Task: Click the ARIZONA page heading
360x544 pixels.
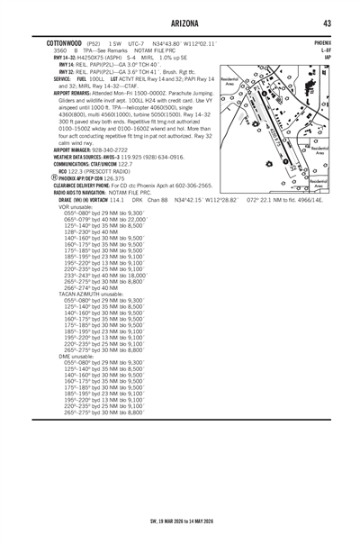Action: click(x=179, y=23)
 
